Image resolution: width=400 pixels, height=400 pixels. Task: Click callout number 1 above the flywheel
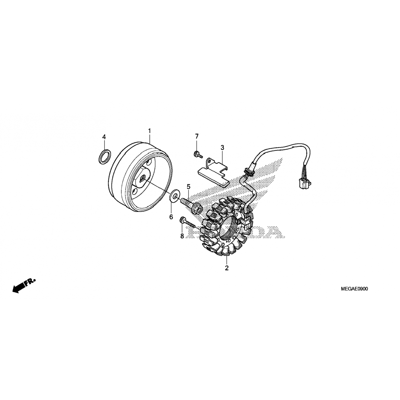click(x=150, y=131)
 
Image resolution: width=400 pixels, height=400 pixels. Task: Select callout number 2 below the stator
click(x=227, y=268)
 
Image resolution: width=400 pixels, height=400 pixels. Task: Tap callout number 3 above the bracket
click(x=222, y=147)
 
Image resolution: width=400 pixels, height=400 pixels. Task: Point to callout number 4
click(x=104, y=137)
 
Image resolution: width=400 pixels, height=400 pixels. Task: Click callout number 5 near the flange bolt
click(x=189, y=187)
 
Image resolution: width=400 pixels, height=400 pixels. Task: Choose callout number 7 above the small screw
click(x=197, y=137)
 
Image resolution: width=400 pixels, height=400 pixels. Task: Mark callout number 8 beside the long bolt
click(x=182, y=236)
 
